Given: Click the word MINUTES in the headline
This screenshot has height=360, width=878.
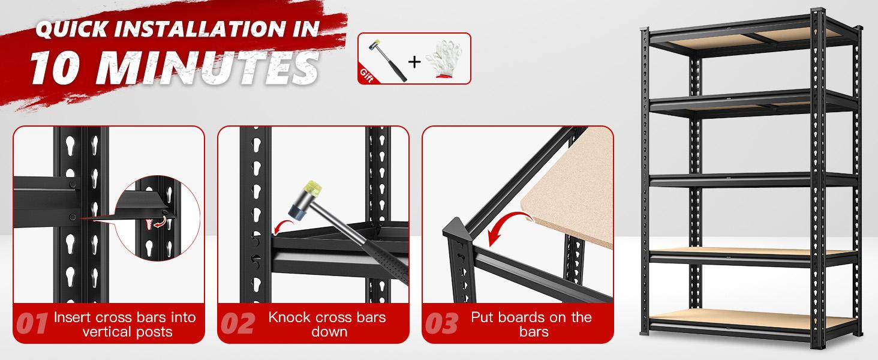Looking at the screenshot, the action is click(x=208, y=68).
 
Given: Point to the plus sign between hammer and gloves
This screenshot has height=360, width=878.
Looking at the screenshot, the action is click(x=414, y=62).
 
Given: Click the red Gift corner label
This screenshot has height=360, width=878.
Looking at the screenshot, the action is click(x=366, y=75).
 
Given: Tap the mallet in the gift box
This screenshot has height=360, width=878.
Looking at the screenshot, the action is click(x=387, y=59).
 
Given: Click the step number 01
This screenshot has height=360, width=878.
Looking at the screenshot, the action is click(x=31, y=324).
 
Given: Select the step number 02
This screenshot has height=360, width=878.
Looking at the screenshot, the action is click(x=237, y=324).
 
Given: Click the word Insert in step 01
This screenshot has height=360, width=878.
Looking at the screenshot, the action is click(x=72, y=317).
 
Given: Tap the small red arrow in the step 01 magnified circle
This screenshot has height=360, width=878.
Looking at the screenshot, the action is click(x=159, y=223).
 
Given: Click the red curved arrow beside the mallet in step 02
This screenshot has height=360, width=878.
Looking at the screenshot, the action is click(x=283, y=225).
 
